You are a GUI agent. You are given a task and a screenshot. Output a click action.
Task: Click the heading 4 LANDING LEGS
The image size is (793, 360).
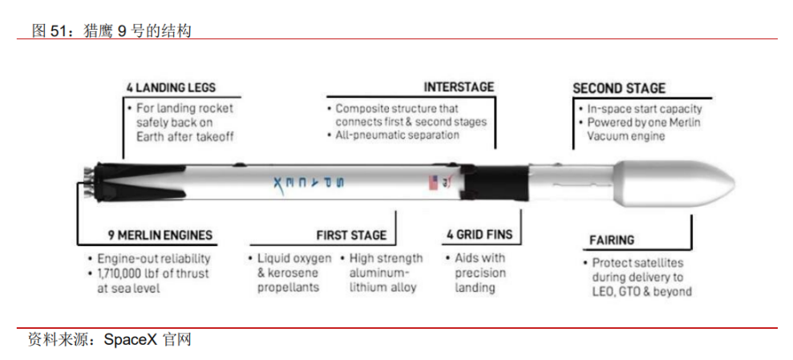tap(171, 87)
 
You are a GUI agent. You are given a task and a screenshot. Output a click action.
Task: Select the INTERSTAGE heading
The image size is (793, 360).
tap(459, 87)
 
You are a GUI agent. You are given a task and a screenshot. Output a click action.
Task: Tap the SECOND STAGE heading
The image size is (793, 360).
tap(618, 88)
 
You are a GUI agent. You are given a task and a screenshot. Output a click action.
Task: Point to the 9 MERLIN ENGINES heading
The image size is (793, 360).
tap(160, 235)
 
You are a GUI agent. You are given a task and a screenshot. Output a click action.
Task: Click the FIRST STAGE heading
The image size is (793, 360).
tap(351, 235)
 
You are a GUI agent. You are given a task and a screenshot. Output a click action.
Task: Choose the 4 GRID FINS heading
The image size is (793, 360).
tap(479, 235)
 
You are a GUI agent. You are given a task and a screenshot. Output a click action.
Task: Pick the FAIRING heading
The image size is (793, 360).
tap(612, 240)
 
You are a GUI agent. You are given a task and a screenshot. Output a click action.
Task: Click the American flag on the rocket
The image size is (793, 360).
tap(433, 182)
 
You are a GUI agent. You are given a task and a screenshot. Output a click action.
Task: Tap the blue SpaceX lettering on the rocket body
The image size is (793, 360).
tap(308, 183)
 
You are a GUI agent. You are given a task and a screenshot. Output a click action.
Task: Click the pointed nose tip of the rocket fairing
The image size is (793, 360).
tap(734, 180)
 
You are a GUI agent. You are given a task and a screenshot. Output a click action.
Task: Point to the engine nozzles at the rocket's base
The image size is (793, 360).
tap(86, 181)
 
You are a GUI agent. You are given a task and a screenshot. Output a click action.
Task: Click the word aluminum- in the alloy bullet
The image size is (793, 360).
tap(379, 273)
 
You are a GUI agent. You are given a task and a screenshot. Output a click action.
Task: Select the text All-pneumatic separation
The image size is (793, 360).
tap(398, 135)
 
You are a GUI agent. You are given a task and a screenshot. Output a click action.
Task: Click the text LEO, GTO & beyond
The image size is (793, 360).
tap(641, 291)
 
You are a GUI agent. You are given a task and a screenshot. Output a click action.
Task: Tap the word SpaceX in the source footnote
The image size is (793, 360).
tap(131, 339)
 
